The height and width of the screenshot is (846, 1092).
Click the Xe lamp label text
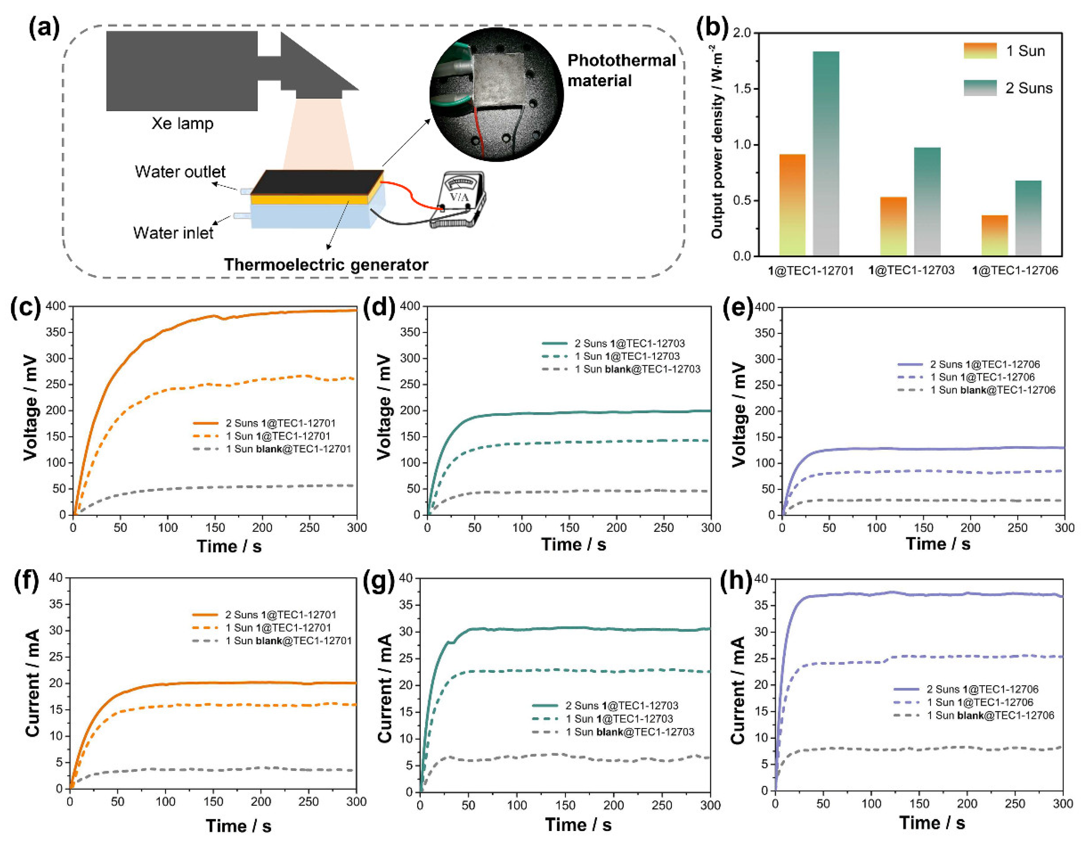pos(183,123)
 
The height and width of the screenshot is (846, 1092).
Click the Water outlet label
pos(180,172)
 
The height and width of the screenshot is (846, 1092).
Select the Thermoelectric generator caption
pos(326,265)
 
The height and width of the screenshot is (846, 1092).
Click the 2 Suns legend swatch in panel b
pos(980,88)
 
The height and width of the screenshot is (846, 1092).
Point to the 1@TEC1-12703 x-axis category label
pos(911,270)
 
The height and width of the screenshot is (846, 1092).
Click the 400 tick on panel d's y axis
pos(410,306)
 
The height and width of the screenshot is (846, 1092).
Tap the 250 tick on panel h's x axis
pos(1015,804)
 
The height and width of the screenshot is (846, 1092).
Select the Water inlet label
pos(173,233)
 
